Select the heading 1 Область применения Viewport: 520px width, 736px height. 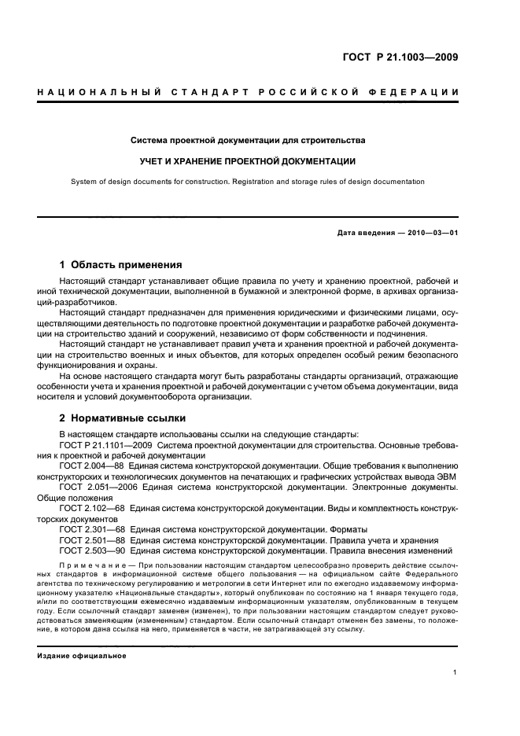click(x=121, y=265)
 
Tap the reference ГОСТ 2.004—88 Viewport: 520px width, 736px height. click(x=92, y=466)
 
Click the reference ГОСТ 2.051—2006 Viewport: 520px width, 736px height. click(x=96, y=488)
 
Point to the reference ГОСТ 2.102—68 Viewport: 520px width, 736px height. click(x=92, y=509)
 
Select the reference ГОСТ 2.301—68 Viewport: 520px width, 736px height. click(x=92, y=530)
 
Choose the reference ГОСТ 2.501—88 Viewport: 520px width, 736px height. click(x=92, y=540)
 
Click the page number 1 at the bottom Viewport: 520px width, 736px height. click(x=455, y=672)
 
